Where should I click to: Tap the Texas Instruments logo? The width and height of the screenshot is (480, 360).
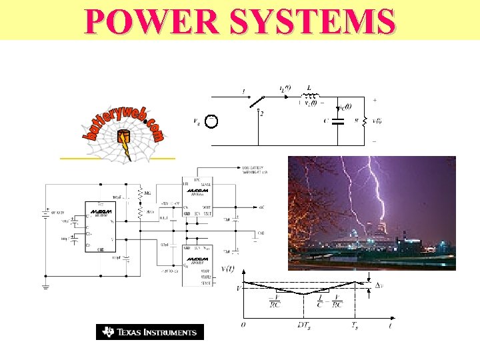(149, 331)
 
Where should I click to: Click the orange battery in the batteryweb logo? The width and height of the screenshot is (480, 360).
(123, 141)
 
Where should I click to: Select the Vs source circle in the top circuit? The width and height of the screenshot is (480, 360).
(211, 121)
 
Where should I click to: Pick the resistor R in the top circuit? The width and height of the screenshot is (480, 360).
(365, 121)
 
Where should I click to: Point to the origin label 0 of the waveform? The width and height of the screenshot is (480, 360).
(243, 324)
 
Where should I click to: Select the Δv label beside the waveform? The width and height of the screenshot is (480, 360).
(379, 285)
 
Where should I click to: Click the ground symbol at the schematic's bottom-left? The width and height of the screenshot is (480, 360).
(45, 287)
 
